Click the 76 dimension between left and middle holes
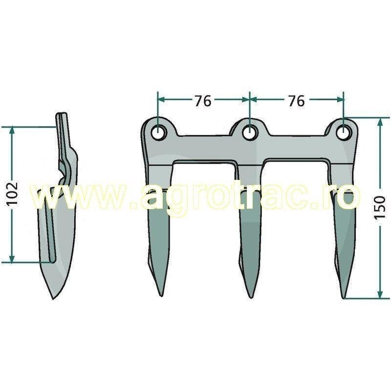point(202,101)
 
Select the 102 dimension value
point(13,194)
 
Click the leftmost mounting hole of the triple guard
point(158,132)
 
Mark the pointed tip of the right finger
point(345,297)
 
